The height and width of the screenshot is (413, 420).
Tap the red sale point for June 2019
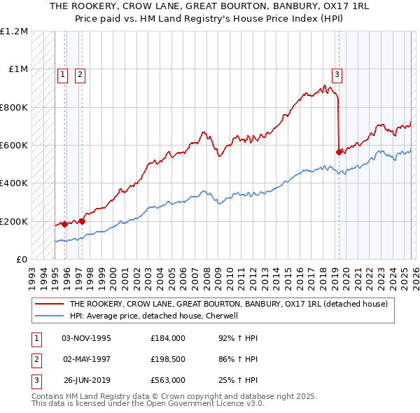coord(339,151)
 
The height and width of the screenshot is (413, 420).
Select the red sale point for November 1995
coord(64,224)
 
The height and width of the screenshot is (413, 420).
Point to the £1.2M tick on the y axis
coord(14,31)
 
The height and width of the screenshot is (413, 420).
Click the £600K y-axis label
coord(14,146)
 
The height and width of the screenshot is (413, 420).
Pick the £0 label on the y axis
coord(21,260)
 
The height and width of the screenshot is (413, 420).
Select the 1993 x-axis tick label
coord(32,275)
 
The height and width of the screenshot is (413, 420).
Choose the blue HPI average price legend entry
coord(154,316)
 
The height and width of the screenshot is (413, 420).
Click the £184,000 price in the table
coord(168,338)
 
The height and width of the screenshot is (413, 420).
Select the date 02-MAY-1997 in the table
coord(87,359)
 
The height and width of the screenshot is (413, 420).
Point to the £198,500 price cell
coord(168,359)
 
